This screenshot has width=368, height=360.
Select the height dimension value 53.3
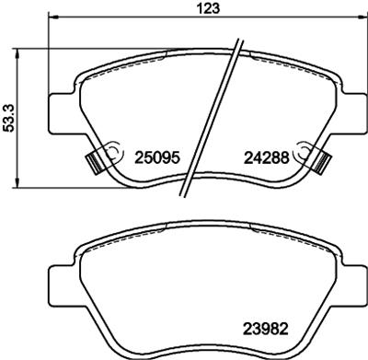pyautogui.click(x=10, y=117)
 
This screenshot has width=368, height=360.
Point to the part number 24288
pyautogui.click(x=267, y=157)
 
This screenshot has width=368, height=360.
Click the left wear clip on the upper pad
pyautogui.click(x=91, y=162)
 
